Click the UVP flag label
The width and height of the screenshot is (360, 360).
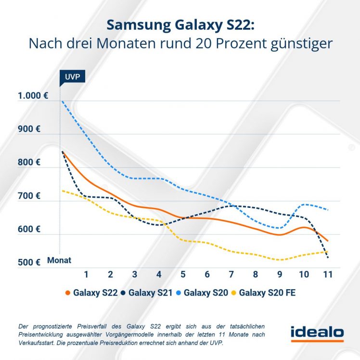pos(68,76)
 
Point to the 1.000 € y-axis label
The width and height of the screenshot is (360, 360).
pos(33,95)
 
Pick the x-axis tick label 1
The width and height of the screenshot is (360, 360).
pos(86,274)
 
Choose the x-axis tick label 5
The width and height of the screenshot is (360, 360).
pos(183,274)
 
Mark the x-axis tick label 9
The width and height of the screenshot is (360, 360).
pos(280,274)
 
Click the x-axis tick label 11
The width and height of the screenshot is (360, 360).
pos(328,274)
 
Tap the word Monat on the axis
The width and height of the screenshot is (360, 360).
pos(59,260)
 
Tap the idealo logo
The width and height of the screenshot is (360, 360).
pos(317,332)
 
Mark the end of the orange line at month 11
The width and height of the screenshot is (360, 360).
pos(328,241)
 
